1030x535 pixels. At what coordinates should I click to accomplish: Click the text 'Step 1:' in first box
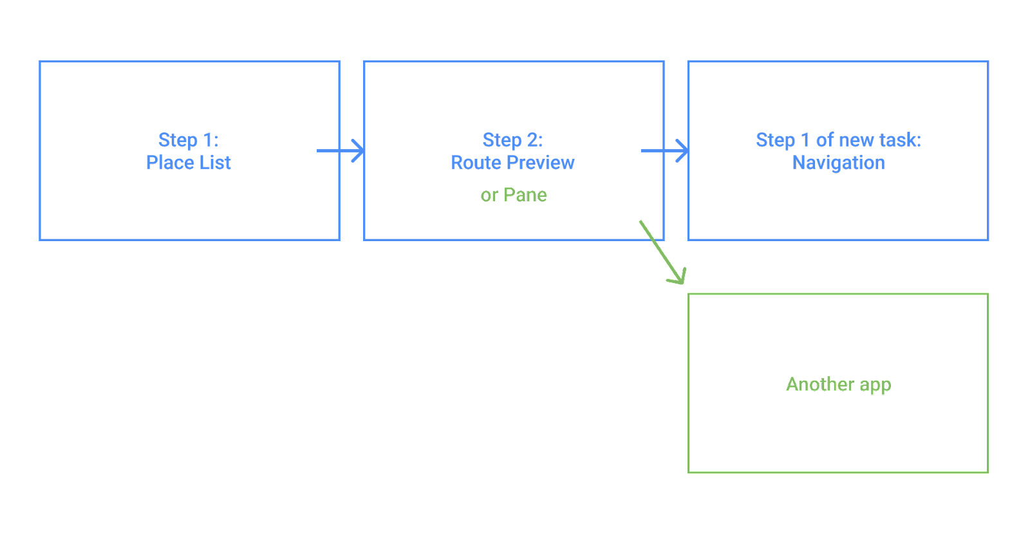(x=188, y=140)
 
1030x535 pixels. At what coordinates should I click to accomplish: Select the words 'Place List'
(x=188, y=163)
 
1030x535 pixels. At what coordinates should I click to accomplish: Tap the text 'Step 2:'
(x=512, y=140)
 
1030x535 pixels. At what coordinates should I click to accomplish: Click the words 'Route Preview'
(x=512, y=163)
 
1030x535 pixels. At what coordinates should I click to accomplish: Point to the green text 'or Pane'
(x=514, y=195)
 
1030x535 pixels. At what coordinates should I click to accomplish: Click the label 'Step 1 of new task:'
(x=838, y=140)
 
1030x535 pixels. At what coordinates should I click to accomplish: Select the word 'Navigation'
(x=838, y=163)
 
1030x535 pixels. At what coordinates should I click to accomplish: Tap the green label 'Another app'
(x=838, y=385)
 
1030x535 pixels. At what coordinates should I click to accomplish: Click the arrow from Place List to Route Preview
(x=340, y=151)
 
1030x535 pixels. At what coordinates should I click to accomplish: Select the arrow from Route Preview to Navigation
(x=664, y=151)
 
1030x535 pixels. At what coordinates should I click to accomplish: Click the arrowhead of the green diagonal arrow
(x=679, y=277)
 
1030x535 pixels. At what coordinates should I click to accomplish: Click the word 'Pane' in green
(x=525, y=195)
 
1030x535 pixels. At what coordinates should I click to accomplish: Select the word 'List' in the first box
(x=215, y=163)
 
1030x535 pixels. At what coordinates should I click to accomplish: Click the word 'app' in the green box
(x=875, y=385)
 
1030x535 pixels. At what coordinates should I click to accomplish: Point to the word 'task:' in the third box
(x=900, y=140)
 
